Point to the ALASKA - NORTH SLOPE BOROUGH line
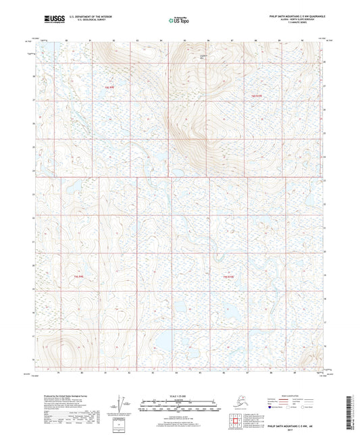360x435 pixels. [297, 18]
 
